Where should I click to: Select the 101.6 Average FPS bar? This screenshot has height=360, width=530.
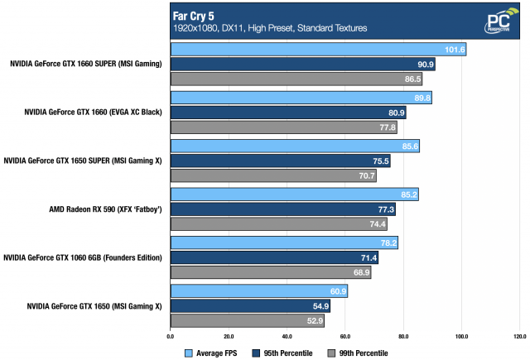(x=318, y=50)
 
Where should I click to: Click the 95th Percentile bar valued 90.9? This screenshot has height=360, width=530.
(x=302, y=65)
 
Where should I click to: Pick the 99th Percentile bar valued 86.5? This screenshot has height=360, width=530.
(x=296, y=79)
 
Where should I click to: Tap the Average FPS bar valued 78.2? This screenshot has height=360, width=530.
(x=284, y=242)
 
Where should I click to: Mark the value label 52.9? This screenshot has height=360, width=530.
(x=314, y=321)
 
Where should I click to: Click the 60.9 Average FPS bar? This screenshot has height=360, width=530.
(x=258, y=291)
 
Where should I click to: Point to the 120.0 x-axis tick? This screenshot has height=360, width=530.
(x=519, y=337)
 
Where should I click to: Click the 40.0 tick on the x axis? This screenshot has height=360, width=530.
(x=287, y=337)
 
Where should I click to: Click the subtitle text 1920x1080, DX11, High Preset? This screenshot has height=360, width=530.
(x=270, y=28)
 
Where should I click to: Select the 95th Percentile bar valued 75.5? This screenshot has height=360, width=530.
(x=280, y=161)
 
